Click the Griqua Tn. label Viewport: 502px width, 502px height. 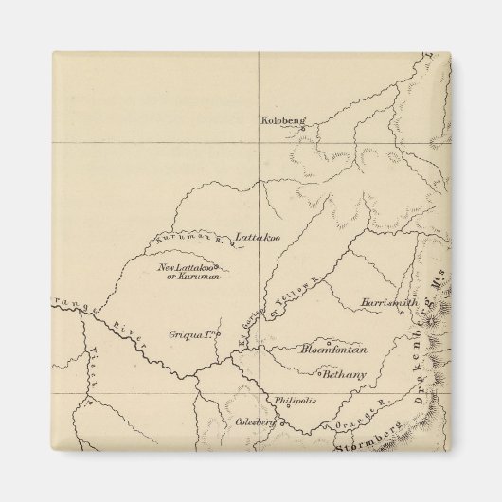click(202, 333)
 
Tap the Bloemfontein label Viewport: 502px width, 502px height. click(333, 350)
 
